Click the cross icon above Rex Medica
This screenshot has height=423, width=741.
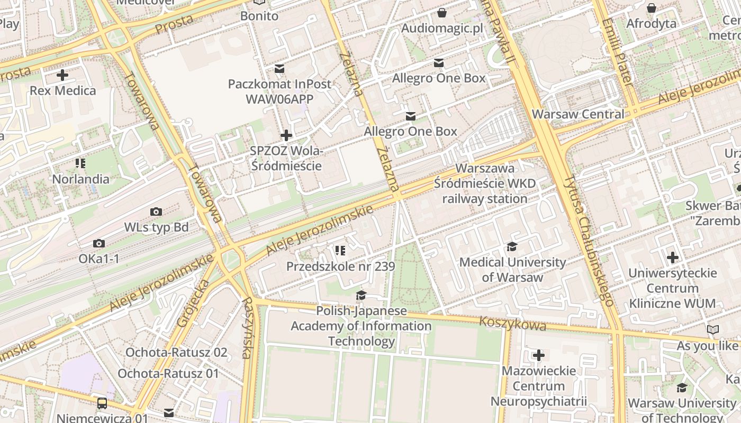(x=62, y=75)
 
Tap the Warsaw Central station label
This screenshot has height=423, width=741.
(x=578, y=114)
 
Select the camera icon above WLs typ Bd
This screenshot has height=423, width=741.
(x=156, y=212)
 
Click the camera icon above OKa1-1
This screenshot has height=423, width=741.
(x=98, y=244)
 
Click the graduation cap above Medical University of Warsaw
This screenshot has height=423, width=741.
(x=512, y=247)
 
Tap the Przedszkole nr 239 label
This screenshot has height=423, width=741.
(x=340, y=266)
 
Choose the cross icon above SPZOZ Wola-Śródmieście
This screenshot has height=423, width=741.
(x=286, y=135)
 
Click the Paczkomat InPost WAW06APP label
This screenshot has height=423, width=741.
(x=279, y=91)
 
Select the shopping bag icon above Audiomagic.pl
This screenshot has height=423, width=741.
(x=442, y=13)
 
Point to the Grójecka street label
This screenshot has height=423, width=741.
(x=194, y=303)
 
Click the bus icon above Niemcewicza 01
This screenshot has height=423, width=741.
(x=102, y=403)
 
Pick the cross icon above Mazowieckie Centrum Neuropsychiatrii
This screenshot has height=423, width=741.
(x=538, y=355)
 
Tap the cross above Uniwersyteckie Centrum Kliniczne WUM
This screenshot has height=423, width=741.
(x=673, y=258)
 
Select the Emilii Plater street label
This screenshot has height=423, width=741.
(x=617, y=51)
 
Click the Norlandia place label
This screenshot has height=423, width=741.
(x=80, y=179)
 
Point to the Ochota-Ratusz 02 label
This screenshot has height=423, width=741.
(x=176, y=352)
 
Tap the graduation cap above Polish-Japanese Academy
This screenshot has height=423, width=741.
(x=361, y=295)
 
